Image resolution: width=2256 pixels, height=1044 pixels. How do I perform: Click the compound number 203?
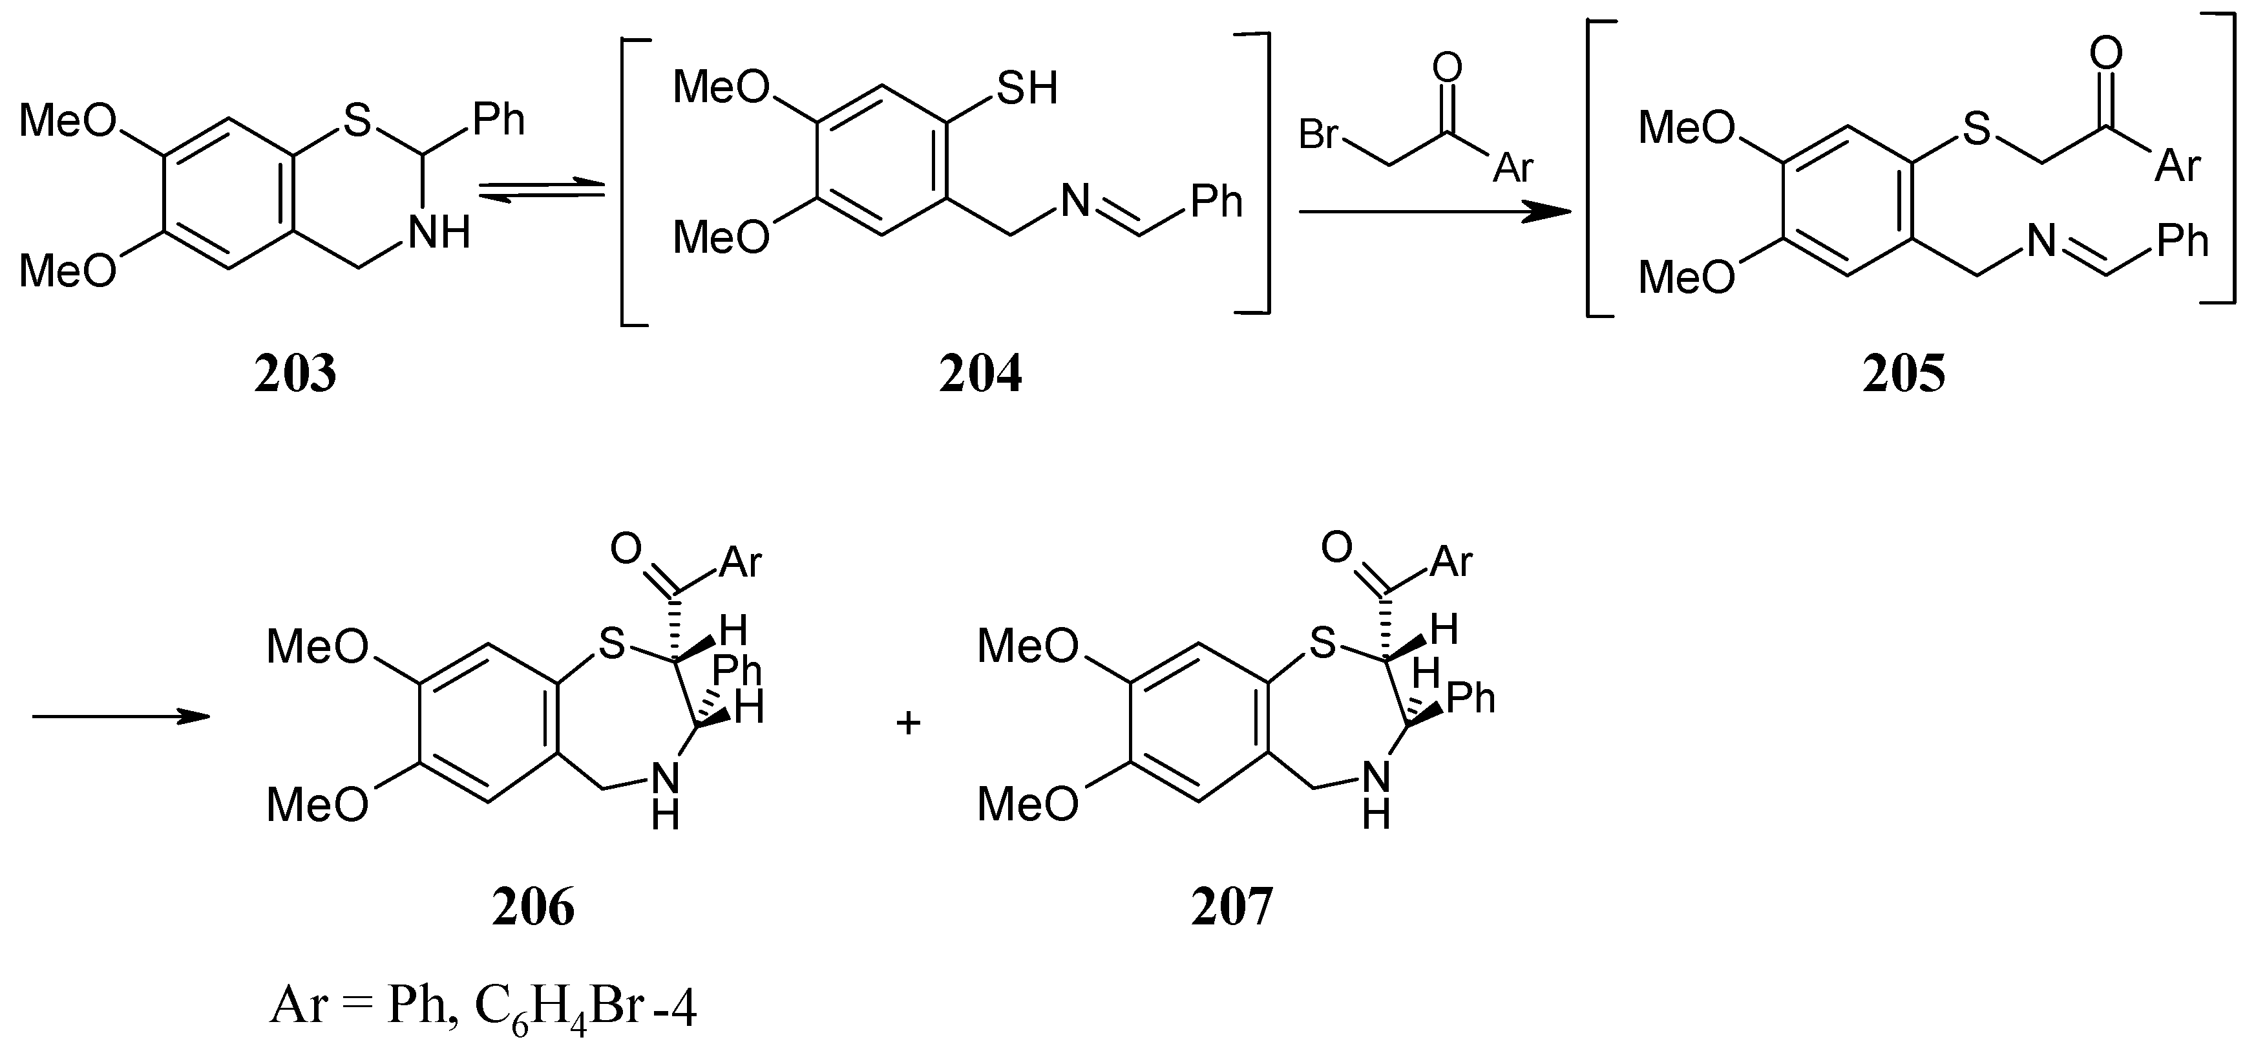(295, 374)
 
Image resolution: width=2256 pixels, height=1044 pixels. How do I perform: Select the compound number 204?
(980, 374)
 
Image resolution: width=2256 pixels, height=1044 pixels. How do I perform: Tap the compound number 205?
(1904, 374)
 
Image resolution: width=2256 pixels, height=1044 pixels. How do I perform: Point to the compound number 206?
(533, 908)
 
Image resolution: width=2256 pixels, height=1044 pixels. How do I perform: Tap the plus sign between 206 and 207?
(908, 723)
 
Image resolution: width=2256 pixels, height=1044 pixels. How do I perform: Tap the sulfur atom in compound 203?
(357, 121)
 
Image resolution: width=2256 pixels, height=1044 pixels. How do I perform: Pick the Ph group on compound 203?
(498, 119)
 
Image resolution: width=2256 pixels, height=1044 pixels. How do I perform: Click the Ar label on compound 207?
(1451, 560)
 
